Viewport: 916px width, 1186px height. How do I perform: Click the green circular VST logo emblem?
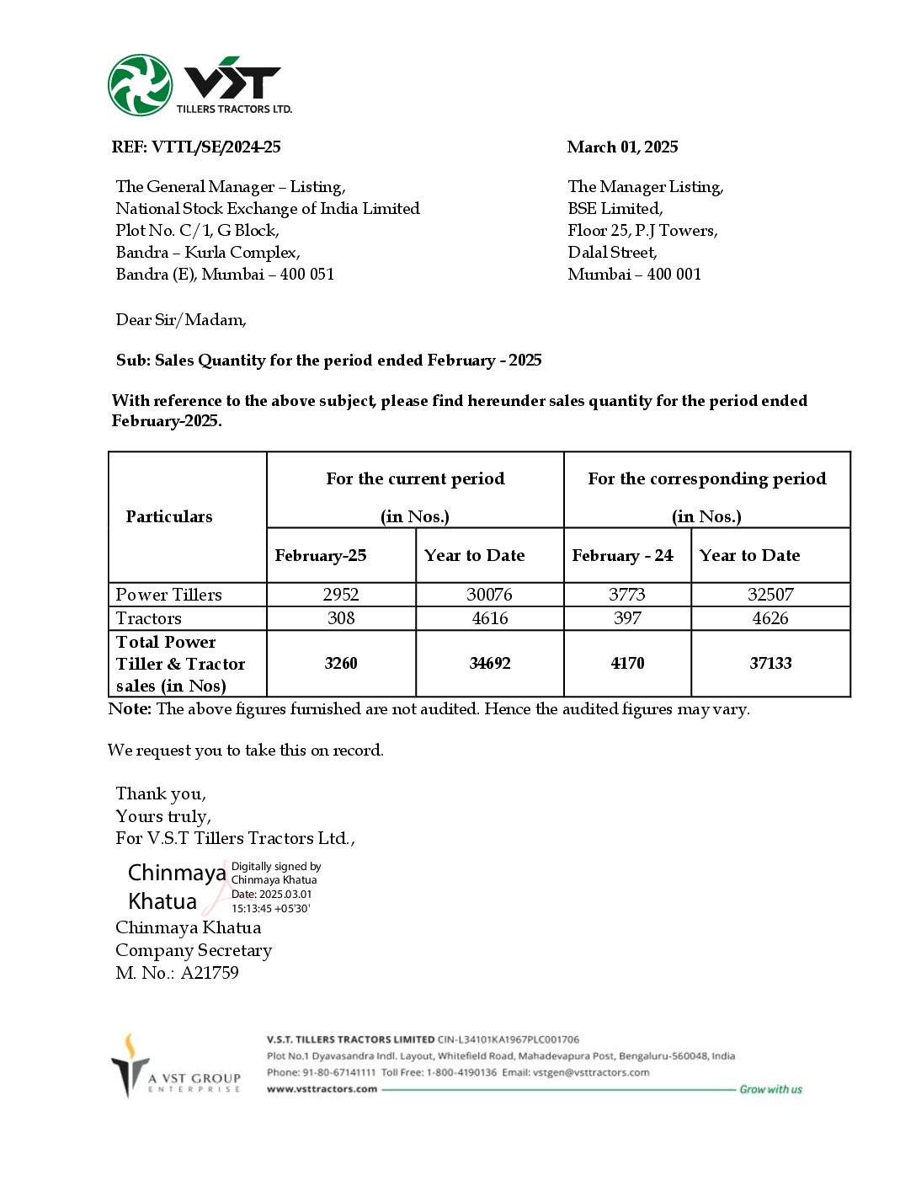click(140, 85)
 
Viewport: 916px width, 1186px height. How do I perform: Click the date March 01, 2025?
click(622, 147)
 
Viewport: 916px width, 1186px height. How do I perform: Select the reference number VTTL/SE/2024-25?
click(216, 147)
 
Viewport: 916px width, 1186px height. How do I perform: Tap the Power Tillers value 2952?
click(341, 595)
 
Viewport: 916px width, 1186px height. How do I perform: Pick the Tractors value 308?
click(341, 618)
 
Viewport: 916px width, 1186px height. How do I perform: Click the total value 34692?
click(490, 664)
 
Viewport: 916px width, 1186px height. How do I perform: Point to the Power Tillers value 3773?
click(627, 595)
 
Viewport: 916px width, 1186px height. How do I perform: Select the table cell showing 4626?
click(770, 618)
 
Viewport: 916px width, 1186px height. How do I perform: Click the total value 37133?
click(770, 664)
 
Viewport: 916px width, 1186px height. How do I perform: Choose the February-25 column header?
click(321, 556)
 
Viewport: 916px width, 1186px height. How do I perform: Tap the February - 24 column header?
click(622, 556)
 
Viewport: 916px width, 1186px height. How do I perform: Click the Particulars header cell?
click(169, 517)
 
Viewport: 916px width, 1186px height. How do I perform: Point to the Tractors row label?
click(149, 618)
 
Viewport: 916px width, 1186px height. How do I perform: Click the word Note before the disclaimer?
click(130, 709)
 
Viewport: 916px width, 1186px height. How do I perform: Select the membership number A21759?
click(210, 973)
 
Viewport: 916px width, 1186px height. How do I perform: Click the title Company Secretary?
click(194, 950)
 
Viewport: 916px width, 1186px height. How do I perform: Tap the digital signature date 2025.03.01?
click(285, 895)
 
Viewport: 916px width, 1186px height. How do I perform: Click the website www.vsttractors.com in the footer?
click(322, 1089)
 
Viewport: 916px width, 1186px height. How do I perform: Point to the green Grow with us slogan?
click(770, 1089)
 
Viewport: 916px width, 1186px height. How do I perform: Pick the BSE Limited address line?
click(615, 209)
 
